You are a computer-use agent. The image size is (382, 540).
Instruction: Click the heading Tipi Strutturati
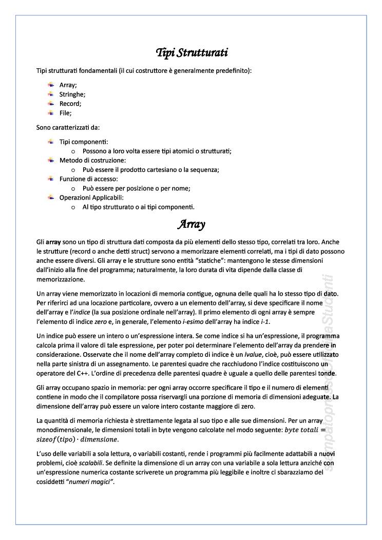(x=192, y=52)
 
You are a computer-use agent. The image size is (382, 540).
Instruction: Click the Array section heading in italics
(x=191, y=224)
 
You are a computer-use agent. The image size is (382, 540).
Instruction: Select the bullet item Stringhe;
(x=72, y=94)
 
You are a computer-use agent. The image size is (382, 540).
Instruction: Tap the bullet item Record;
(x=70, y=104)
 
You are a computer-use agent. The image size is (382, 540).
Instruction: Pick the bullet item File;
(x=65, y=113)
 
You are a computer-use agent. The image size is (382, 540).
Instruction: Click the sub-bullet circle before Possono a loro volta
(x=73, y=151)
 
